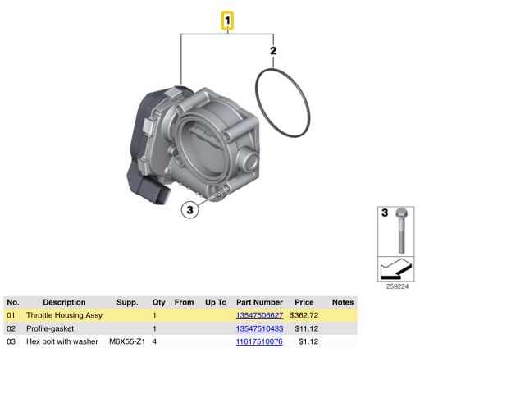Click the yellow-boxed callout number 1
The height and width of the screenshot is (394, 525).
[x=227, y=21]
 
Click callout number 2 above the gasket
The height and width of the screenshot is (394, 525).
[x=273, y=51]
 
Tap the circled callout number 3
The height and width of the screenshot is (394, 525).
[x=189, y=210]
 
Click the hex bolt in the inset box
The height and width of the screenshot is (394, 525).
[x=401, y=231]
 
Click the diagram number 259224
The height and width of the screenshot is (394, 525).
[x=397, y=286]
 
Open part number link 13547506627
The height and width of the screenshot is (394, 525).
[x=259, y=315]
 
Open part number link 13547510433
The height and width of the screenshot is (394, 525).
[x=259, y=328]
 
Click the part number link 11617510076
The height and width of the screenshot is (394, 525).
[x=259, y=341]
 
